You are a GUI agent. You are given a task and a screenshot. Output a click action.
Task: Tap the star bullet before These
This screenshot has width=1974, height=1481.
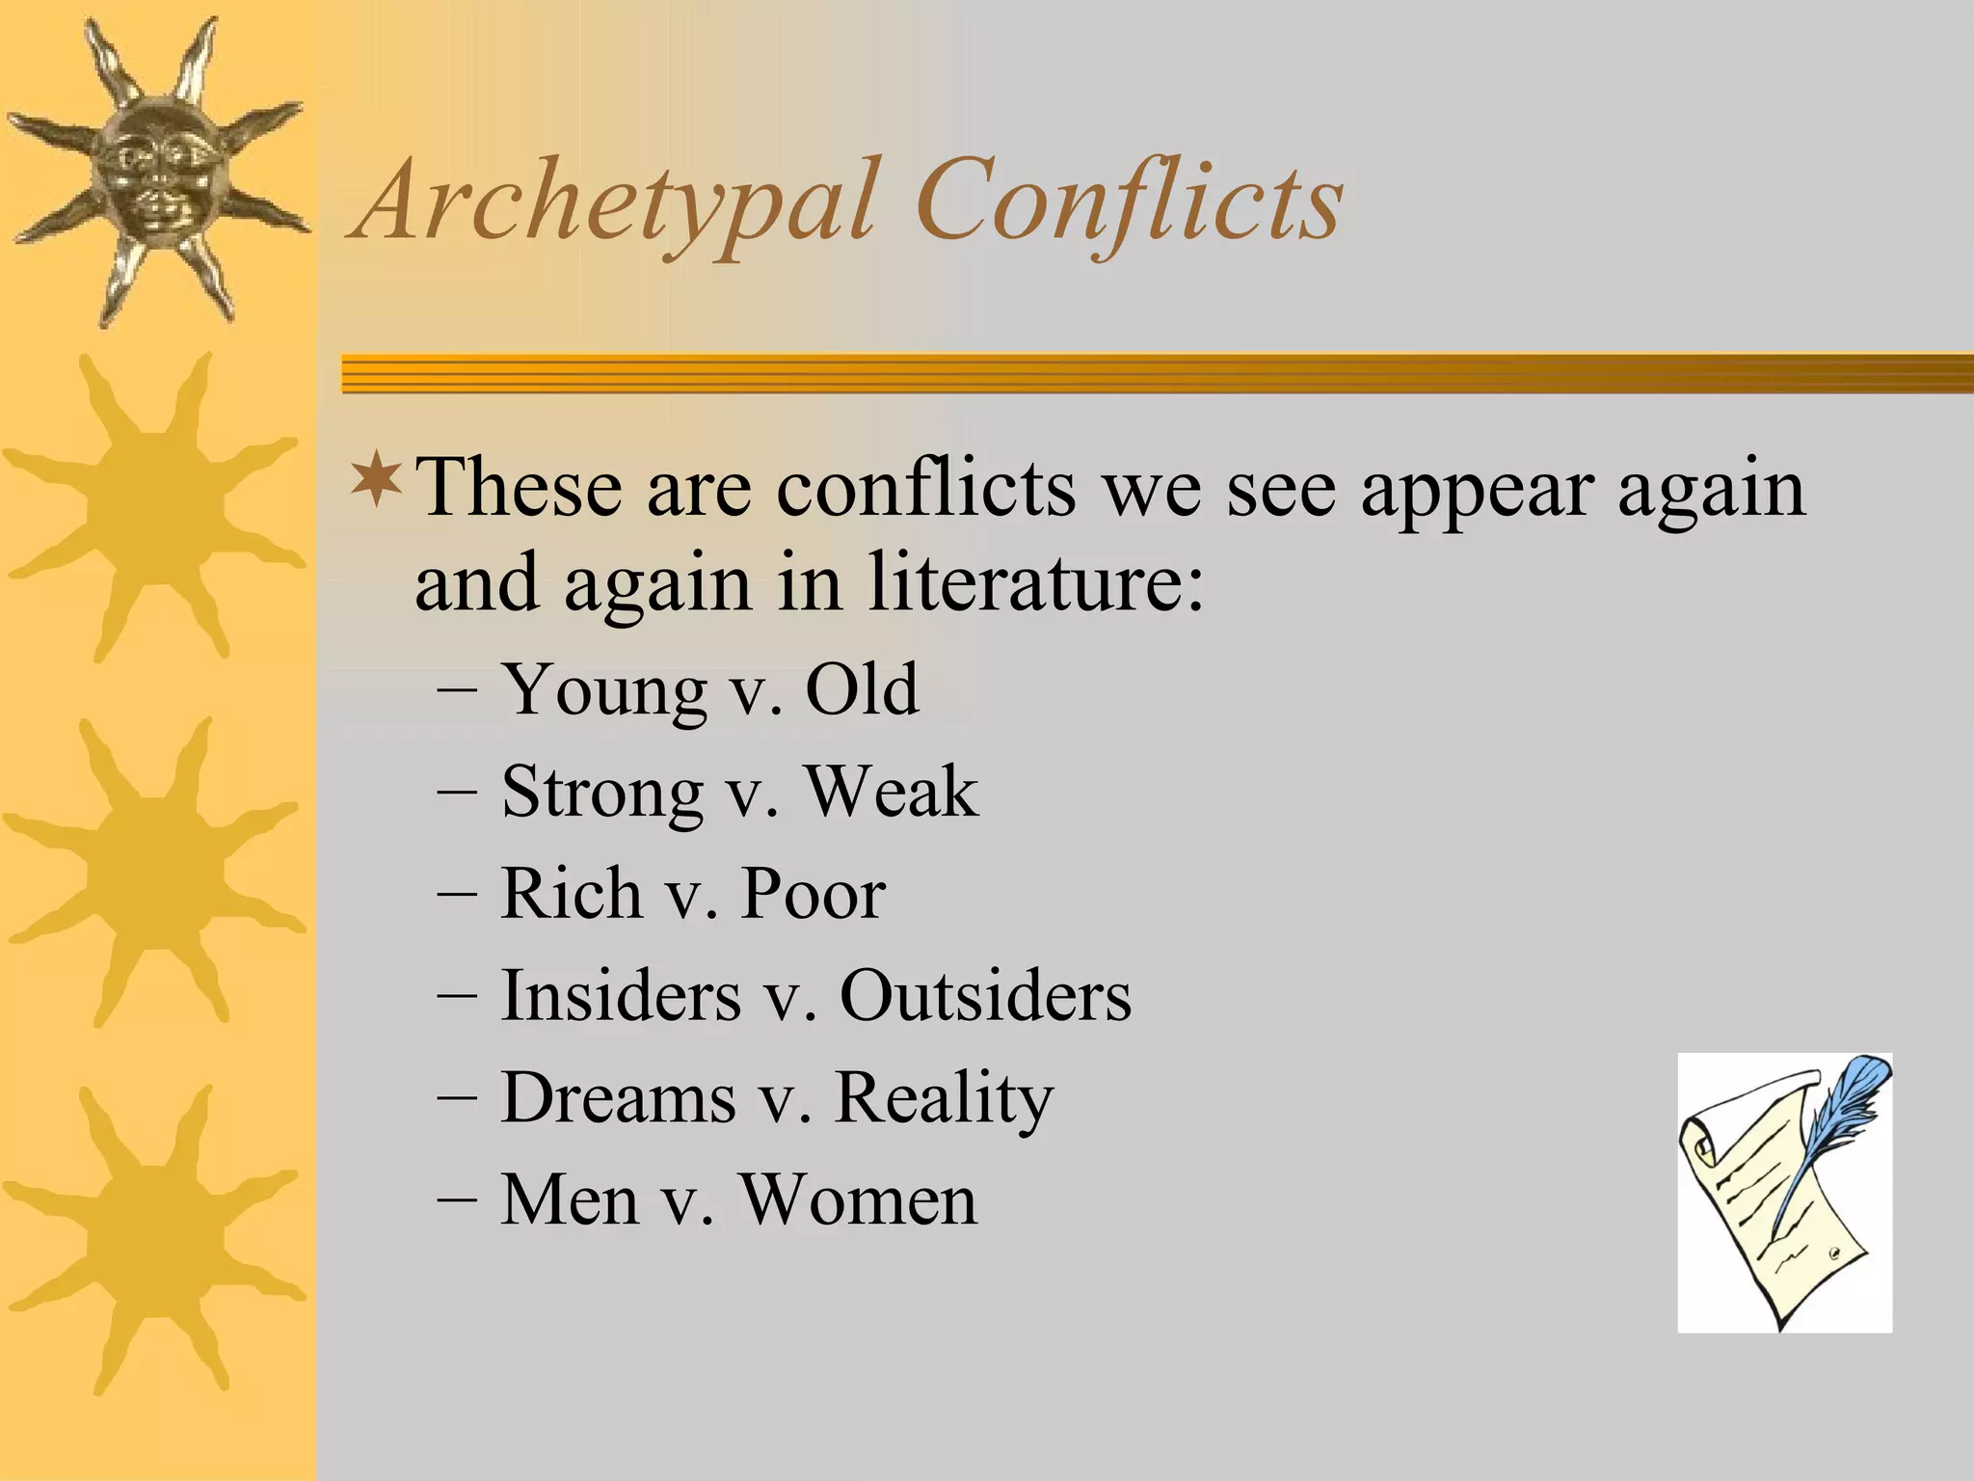click(376, 482)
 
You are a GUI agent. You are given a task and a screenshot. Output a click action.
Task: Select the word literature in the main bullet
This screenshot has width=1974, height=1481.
click(1036, 583)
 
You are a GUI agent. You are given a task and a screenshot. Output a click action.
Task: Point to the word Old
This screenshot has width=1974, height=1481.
click(862, 690)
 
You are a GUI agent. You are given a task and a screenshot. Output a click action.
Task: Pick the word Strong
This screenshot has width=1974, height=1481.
click(602, 794)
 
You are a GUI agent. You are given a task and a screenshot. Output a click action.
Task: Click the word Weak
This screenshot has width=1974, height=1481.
click(892, 793)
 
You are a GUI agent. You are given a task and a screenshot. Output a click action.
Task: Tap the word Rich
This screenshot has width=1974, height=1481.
click(571, 894)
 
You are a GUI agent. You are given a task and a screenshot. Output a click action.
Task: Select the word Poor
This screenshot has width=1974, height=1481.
click(813, 894)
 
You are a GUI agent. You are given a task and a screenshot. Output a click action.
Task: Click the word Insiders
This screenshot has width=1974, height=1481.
click(621, 996)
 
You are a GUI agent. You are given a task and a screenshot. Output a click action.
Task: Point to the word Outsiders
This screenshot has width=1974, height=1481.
click(985, 996)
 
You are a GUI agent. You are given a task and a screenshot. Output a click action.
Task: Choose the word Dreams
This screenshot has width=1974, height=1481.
click(618, 1098)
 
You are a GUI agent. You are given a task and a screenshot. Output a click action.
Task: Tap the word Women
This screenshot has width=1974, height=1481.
click(858, 1200)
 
